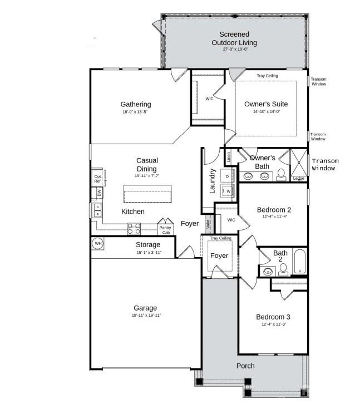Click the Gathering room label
point(136,104)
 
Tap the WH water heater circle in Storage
point(98,243)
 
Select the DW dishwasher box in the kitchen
point(99,193)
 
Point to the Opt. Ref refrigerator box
point(97,178)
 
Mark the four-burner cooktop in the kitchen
point(134,228)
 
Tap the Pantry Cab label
point(165,230)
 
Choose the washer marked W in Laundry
point(228,191)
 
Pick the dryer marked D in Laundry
point(228,175)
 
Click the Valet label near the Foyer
point(208,224)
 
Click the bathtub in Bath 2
point(299,263)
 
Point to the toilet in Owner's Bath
point(282,175)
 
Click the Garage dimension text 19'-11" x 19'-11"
point(145,316)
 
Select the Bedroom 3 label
point(273,317)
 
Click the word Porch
point(245,366)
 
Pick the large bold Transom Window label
point(324,164)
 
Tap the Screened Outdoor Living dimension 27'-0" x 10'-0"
point(238,49)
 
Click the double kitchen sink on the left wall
point(97,210)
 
